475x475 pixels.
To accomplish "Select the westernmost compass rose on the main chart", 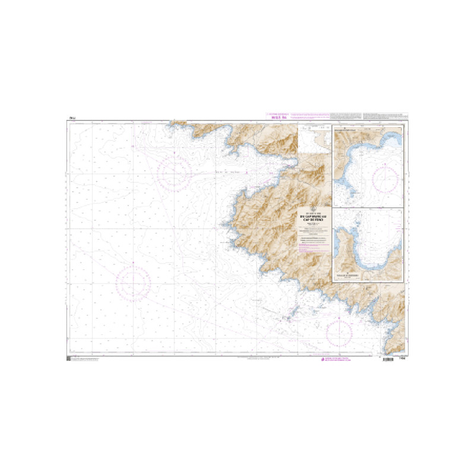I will click(133, 283).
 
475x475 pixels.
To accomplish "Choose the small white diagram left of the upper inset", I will click(315, 138).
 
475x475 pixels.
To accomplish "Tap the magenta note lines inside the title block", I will click(314, 239).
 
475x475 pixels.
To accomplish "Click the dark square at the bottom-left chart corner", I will click(69, 359).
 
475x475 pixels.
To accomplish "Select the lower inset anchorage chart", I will click(368, 245).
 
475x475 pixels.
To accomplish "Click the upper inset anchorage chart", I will click(368, 166).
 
